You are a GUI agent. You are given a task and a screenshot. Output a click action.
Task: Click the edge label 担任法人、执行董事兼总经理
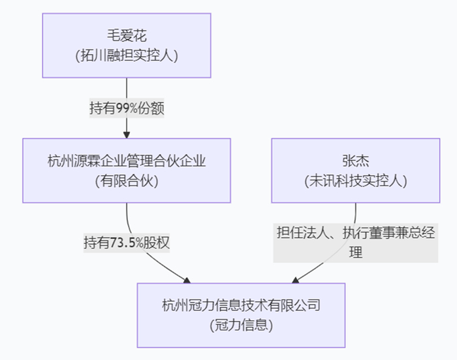coord(355,233)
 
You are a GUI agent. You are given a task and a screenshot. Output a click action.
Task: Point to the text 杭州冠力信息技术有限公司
coord(241,305)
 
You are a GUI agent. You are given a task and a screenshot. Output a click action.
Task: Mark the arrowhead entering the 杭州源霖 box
coord(127,134)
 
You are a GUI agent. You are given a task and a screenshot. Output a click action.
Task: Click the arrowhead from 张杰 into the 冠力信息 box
coord(296,280)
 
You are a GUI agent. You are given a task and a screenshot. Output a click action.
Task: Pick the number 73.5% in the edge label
coord(128,243)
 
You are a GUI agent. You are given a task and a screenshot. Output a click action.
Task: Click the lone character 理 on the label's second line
coord(355,252)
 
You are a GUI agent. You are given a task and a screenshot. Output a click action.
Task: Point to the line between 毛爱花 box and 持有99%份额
coord(127,88)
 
